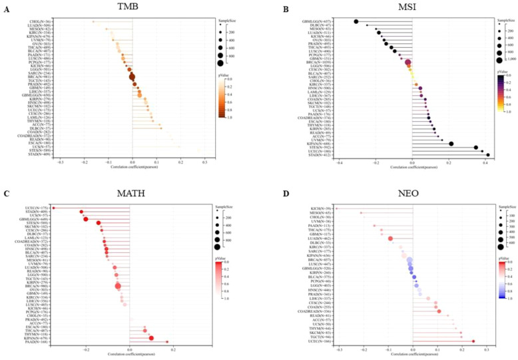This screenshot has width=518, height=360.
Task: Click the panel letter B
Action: [268, 9]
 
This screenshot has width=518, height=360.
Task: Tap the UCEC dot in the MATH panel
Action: [53, 208]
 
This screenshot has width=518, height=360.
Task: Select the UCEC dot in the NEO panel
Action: [473, 341]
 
